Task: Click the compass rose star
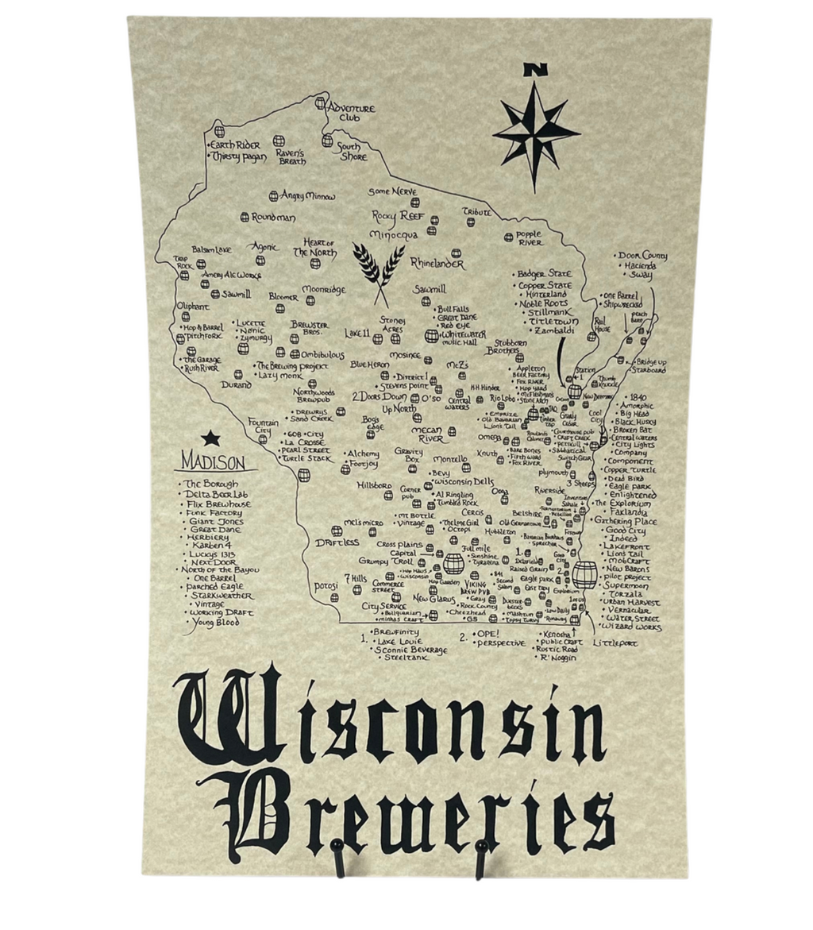click(x=534, y=132)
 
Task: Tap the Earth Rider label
click(x=236, y=145)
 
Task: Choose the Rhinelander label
click(x=437, y=263)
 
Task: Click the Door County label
click(x=642, y=256)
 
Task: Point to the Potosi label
click(x=326, y=586)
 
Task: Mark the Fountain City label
click(x=264, y=426)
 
